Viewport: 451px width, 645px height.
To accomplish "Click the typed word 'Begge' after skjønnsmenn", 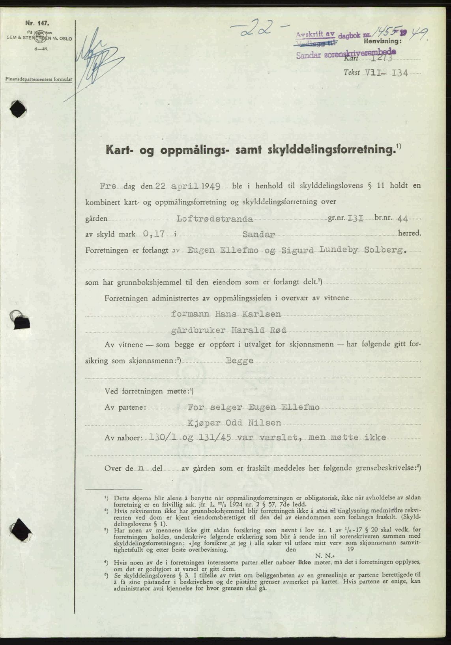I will tap(240, 361).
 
